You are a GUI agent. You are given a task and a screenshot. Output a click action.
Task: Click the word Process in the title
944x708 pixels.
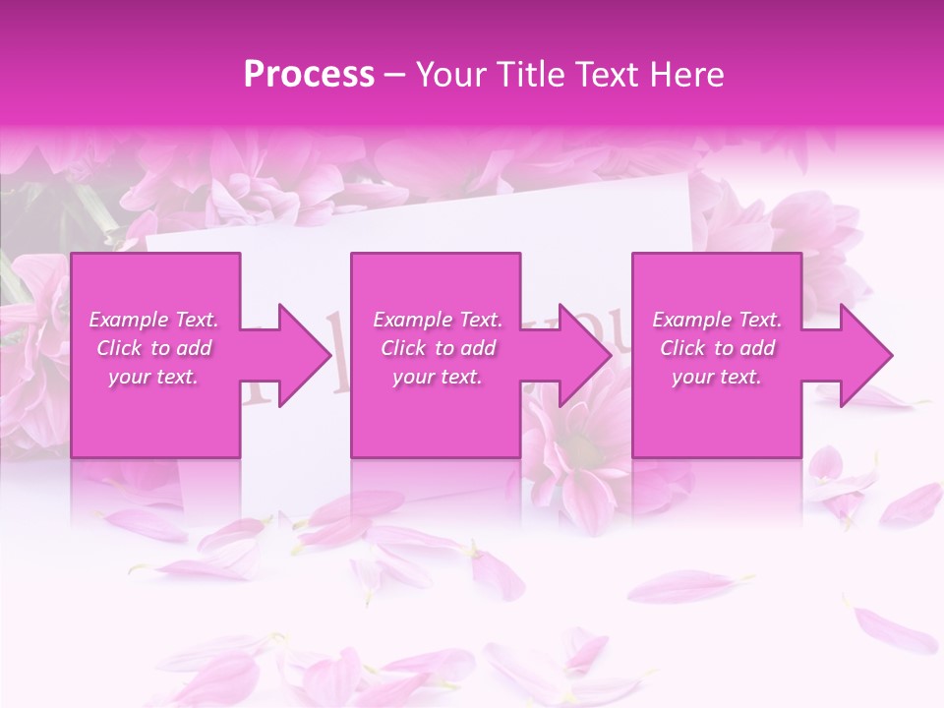point(309,75)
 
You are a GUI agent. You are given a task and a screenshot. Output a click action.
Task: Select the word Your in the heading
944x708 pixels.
point(446,75)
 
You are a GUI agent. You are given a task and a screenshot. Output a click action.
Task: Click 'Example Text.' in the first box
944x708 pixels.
point(153,320)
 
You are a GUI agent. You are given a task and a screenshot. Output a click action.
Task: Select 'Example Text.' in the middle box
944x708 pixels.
point(438,320)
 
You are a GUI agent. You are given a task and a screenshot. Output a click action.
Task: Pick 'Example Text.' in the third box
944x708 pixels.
point(717,320)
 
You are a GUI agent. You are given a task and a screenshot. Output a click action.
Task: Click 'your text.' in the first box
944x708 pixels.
point(153,377)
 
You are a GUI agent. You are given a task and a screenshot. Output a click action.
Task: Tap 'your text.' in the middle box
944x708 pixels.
point(438,377)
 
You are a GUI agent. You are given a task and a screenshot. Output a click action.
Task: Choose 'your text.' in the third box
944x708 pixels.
point(717,377)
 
